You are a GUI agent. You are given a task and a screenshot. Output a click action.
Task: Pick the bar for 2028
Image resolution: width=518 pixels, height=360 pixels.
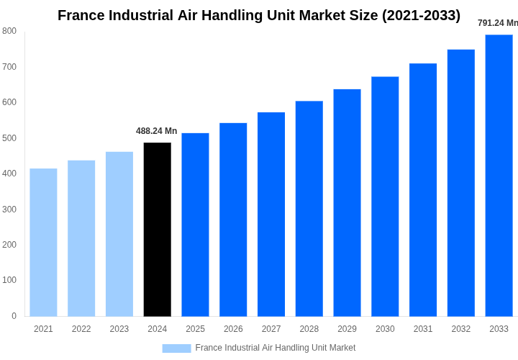[309, 208]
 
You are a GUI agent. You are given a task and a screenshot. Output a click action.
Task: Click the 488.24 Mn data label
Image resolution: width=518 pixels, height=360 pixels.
[156, 131]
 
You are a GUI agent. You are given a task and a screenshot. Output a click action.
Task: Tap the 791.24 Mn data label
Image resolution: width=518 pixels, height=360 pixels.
[497, 23]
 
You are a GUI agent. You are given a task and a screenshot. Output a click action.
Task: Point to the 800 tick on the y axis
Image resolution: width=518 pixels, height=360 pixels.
[9, 31]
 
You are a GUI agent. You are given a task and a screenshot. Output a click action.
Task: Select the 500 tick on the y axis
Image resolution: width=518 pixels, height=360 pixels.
[9, 138]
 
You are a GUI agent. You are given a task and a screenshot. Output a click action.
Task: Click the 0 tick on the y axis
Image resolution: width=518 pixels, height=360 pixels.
[14, 316]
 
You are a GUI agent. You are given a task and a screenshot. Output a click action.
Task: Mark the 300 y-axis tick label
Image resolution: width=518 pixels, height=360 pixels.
[9, 210]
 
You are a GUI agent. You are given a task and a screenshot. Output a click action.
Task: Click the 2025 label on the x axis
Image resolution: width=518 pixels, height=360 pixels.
[195, 329]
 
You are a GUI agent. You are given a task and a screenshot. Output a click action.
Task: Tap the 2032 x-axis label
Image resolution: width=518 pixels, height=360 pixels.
[460, 329]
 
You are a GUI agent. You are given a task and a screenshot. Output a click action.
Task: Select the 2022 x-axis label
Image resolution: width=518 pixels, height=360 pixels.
[81, 329]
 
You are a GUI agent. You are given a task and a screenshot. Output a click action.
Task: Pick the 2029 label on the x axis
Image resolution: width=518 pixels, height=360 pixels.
[347, 329]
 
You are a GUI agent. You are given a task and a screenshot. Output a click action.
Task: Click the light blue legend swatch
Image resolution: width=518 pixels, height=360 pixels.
[176, 348]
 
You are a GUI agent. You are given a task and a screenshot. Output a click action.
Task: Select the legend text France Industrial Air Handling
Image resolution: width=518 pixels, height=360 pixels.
[275, 348]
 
